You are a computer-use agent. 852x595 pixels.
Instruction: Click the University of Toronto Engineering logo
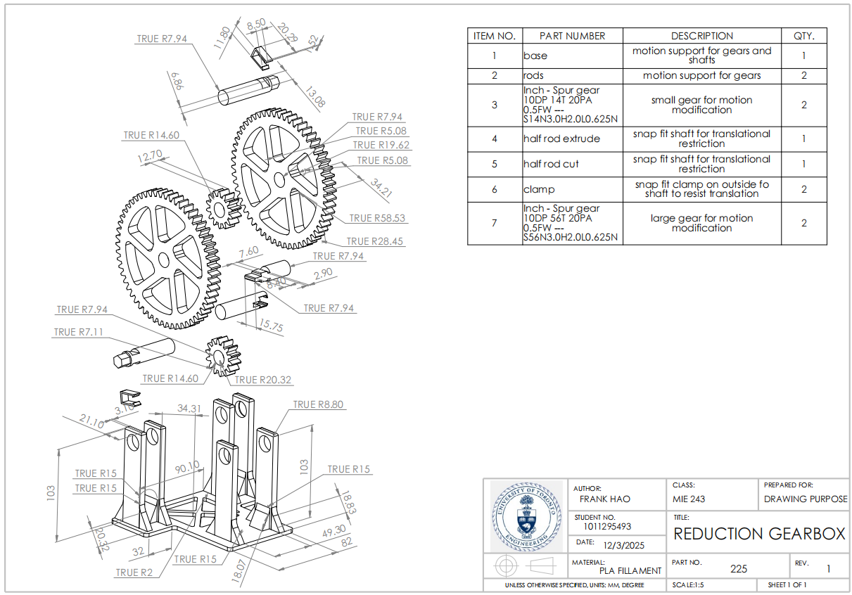[526, 517]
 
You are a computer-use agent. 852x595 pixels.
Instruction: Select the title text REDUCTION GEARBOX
[759, 534]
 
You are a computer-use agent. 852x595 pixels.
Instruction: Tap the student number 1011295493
[607, 526]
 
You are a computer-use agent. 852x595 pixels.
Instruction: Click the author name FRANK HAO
[604, 499]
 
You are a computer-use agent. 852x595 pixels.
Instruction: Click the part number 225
[738, 568]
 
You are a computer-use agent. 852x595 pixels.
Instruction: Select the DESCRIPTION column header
[701, 36]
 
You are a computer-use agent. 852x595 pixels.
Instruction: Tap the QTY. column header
[803, 36]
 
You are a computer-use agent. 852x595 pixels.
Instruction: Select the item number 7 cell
[495, 223]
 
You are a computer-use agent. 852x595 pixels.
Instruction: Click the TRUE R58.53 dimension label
[377, 218]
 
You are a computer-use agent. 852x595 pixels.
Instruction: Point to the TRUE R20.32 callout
[262, 380]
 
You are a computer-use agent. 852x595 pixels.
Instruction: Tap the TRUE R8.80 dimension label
[318, 404]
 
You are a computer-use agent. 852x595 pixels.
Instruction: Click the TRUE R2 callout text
[134, 572]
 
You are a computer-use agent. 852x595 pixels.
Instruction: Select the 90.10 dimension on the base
[186, 467]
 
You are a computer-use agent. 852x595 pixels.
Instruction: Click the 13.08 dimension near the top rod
[314, 98]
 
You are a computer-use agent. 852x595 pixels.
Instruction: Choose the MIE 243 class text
[689, 499]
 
